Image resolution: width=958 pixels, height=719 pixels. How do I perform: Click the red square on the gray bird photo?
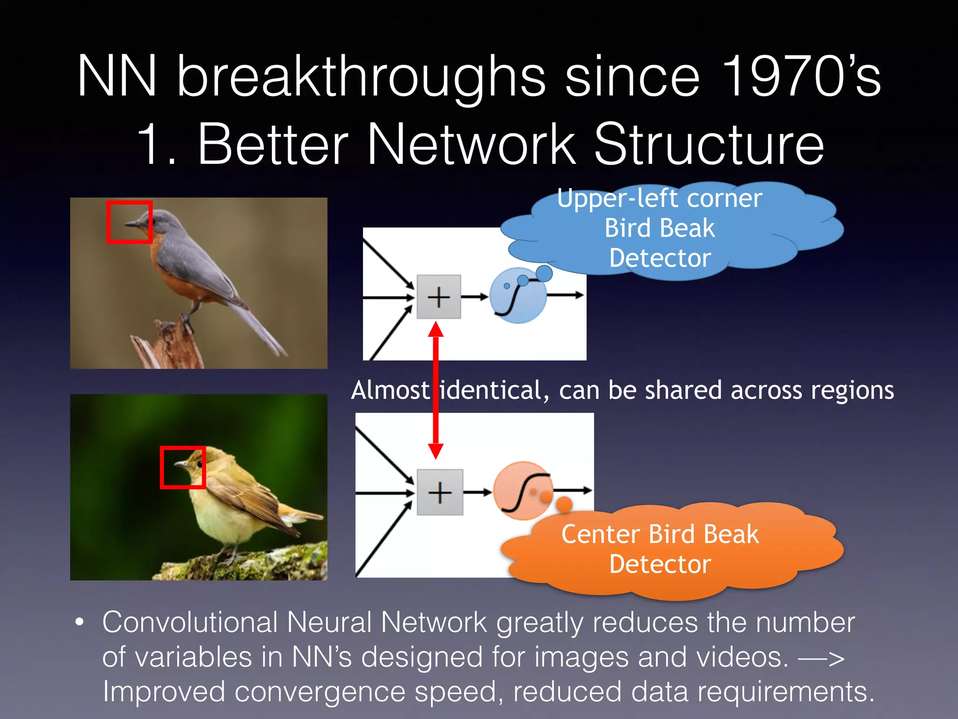129,222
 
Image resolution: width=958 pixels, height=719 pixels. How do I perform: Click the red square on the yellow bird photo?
182,467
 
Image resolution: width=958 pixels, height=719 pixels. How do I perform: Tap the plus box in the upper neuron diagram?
438,297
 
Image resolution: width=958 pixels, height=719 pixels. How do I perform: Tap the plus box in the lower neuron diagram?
439,492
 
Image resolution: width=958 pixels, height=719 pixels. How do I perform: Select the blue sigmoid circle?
517,296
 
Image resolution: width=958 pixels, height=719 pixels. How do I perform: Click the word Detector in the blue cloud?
660,258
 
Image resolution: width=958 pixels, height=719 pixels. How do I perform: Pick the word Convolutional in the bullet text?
190,622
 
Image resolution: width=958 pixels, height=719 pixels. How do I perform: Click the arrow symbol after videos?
821,658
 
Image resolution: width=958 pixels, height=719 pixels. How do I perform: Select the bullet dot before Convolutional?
80,622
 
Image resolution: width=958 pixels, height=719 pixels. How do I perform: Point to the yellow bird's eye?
199,464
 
